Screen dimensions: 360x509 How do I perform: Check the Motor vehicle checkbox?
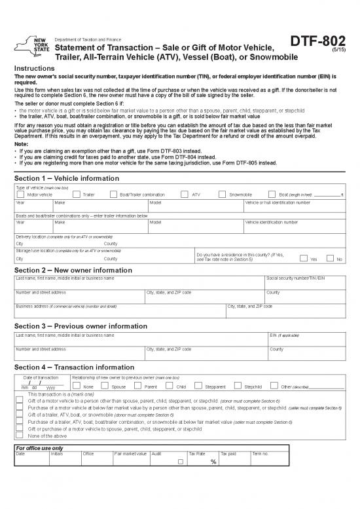click(x=21, y=195)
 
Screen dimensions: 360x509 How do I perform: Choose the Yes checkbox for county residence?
click(x=303, y=258)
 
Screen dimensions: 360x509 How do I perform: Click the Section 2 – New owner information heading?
click(x=72, y=269)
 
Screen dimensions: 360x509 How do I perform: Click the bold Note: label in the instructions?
click(x=22, y=144)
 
